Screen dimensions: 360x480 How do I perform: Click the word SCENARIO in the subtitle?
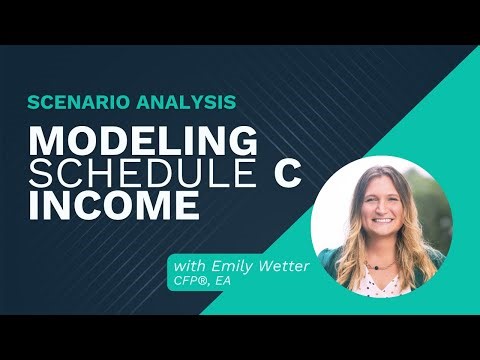pyautogui.click(x=73, y=102)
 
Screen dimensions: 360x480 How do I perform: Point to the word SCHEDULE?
pyautogui.click(x=131, y=174)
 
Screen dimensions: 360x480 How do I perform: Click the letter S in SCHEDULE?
pyautogui.click(x=40, y=174)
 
